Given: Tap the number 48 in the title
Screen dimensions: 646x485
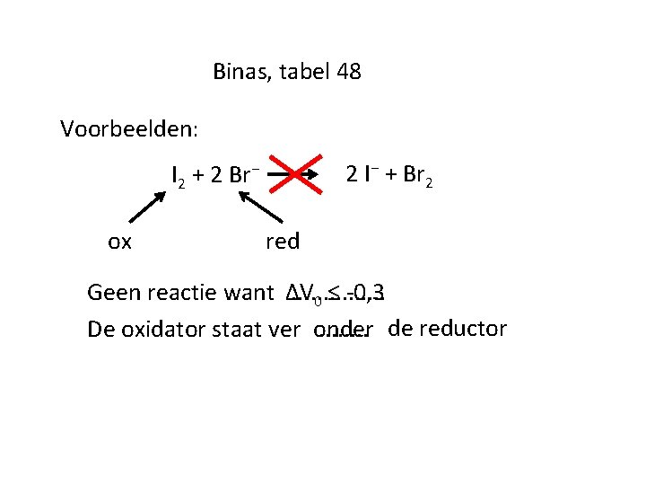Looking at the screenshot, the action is tap(349, 72).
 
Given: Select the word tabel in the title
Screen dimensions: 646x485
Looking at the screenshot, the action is tap(305, 72).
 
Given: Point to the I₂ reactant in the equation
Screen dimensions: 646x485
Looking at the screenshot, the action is tap(179, 175).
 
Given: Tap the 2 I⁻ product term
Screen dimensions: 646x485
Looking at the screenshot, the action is tap(362, 174).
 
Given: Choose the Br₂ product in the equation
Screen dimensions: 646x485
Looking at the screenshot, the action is tap(420, 175).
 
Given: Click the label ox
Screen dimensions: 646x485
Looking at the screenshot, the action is tap(119, 241).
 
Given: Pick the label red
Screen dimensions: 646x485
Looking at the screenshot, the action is tap(283, 241).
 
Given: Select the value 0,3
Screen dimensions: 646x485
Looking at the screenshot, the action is tap(370, 292).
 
